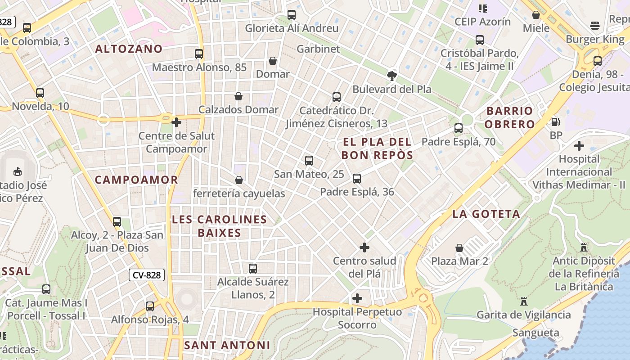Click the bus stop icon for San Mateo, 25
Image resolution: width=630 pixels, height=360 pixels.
[x=309, y=161]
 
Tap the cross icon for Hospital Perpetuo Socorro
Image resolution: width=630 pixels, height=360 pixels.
[x=357, y=298]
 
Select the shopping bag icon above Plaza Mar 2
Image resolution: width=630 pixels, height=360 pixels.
[x=459, y=248]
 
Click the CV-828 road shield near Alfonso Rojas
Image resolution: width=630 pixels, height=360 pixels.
[x=147, y=275]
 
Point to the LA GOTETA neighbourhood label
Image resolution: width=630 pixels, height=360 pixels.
[x=486, y=214]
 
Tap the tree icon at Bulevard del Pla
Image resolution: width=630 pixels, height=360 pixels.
[x=392, y=76]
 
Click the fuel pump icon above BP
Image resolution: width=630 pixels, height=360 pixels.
[x=556, y=122]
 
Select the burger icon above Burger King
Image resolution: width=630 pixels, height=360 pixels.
[x=595, y=26]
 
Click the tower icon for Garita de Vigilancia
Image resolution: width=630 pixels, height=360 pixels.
[x=524, y=301]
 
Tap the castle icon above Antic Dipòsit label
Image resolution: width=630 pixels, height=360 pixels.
[x=584, y=247]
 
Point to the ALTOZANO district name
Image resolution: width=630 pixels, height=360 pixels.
[x=129, y=49]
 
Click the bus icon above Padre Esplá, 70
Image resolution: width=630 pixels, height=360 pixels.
[x=459, y=128]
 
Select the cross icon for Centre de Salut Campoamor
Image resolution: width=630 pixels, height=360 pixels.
[x=176, y=122]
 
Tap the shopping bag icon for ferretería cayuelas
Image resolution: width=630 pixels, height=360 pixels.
[x=239, y=180]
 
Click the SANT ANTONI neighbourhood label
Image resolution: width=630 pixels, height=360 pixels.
[x=227, y=346]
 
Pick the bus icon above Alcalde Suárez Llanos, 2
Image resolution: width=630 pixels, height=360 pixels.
[x=253, y=269]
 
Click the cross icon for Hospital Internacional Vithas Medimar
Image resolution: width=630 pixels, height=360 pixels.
[x=579, y=146]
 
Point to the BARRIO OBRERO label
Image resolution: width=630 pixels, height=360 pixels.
[x=510, y=117]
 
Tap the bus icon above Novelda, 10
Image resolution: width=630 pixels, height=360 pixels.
[x=40, y=93]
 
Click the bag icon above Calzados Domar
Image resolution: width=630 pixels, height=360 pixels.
[x=238, y=96]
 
